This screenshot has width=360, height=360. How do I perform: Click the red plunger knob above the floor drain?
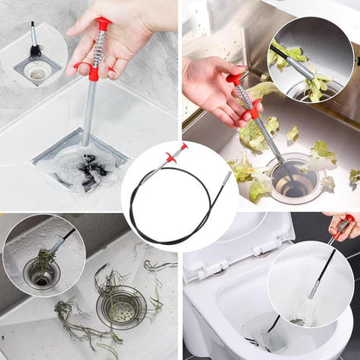104,22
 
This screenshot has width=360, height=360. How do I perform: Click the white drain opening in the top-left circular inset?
38,73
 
